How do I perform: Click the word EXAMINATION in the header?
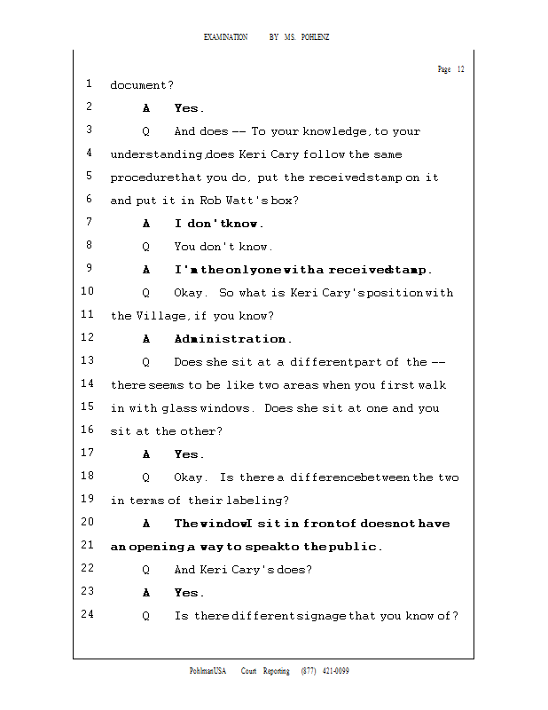click(225, 37)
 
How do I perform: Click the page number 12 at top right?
click(461, 69)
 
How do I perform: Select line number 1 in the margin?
click(90, 84)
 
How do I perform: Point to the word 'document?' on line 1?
click(142, 85)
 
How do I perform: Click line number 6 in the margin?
click(90, 200)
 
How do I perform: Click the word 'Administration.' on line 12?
click(232, 339)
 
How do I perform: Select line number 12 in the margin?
click(87, 338)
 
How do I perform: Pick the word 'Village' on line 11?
click(160, 316)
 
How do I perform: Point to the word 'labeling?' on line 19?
click(257, 501)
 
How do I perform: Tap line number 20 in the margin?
click(87, 523)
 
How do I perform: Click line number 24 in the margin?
click(87, 615)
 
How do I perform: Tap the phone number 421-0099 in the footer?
click(335, 671)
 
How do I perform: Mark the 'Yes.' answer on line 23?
click(189, 593)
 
